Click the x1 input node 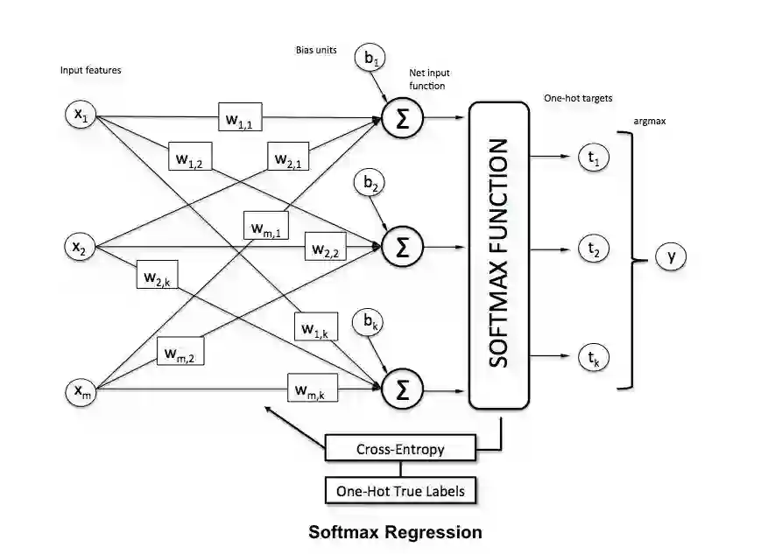click(x=81, y=115)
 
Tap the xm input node click(x=81, y=391)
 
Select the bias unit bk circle click(x=369, y=323)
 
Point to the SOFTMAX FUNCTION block click(x=499, y=255)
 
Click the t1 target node click(x=593, y=158)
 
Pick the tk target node click(x=593, y=356)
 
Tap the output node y click(x=671, y=256)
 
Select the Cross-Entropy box click(x=400, y=450)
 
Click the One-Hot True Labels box click(x=400, y=491)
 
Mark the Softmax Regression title click(x=395, y=531)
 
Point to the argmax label click(x=649, y=122)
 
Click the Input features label click(x=91, y=70)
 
